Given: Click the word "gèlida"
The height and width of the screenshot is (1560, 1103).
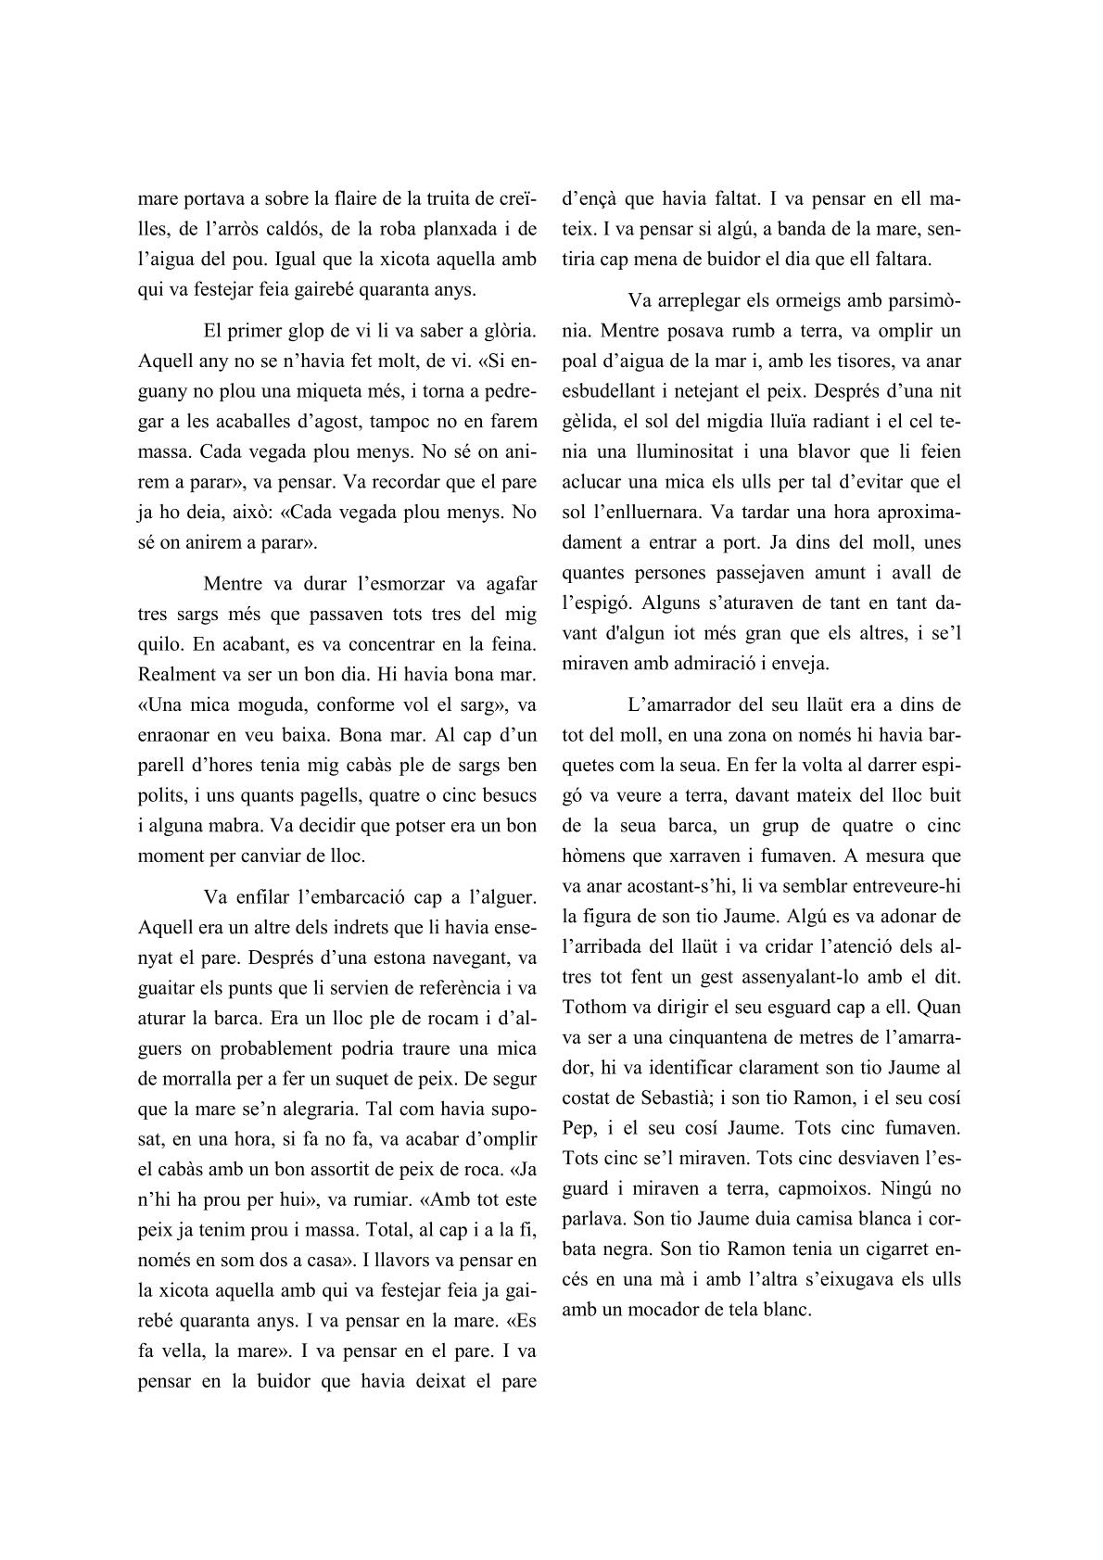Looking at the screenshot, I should (x=587, y=421).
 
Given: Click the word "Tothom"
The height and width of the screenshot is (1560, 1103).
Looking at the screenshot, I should (x=597, y=1006).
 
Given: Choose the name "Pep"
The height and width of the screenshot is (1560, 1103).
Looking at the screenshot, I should (x=577, y=1127).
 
